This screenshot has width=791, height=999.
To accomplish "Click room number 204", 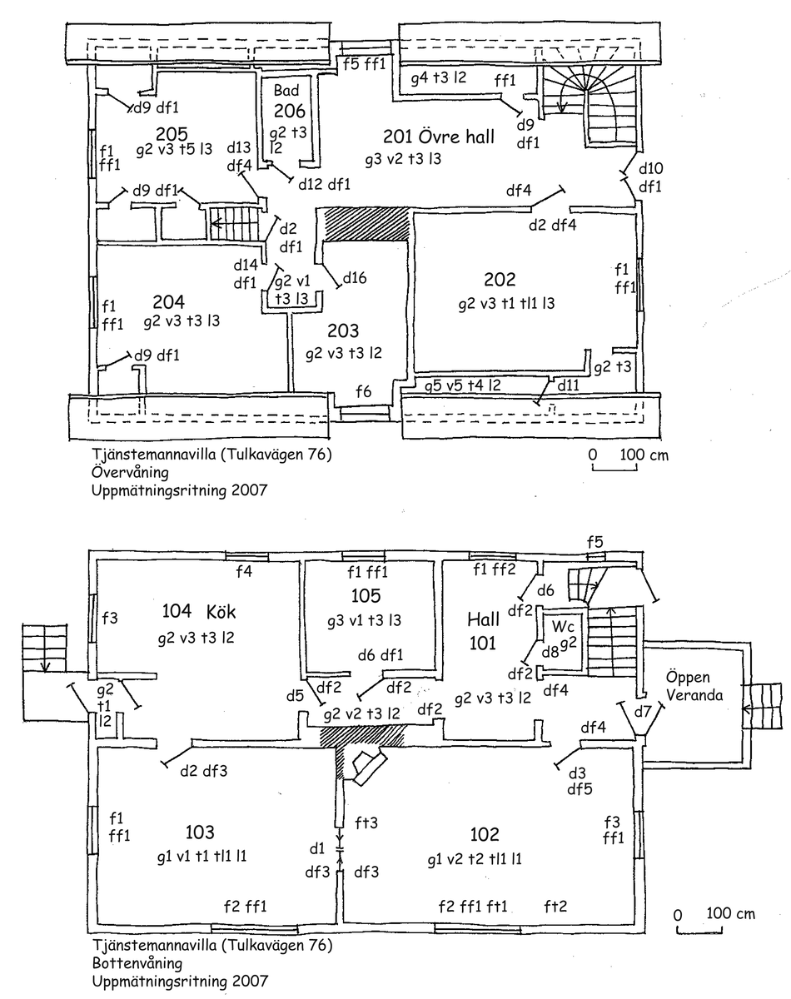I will pos(168,301).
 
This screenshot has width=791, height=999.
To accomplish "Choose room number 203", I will pos(342,330).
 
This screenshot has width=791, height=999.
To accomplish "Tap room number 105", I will pos(366,595).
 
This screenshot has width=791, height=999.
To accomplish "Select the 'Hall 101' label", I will pos(483,631).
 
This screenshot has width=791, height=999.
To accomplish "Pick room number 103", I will pos(200,832).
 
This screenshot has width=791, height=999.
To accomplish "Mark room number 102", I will pos(484,835).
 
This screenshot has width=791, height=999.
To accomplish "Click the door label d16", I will pos(353,277).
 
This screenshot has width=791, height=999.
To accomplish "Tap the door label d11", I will pos(568,385).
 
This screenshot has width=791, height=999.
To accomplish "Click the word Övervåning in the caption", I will pos(131,472).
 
